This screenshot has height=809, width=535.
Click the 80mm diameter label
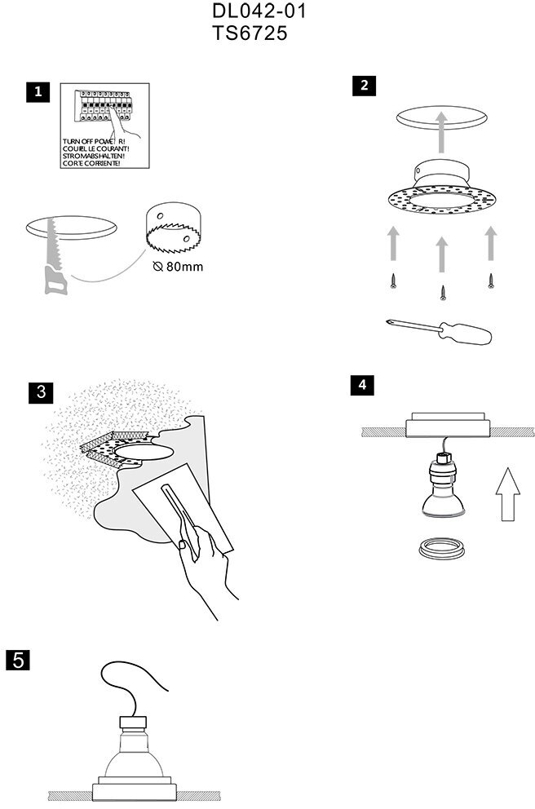177,267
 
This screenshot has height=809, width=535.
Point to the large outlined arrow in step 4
506,493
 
